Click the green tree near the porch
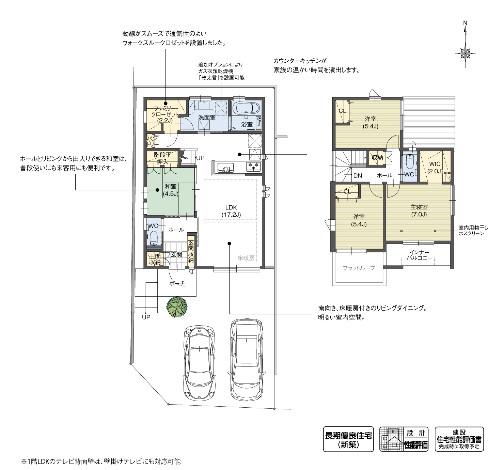coord(177,307)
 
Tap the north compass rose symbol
coord(465,53)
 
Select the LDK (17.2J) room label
coord(231,211)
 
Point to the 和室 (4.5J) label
coord(171,190)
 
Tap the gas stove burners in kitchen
coord(253,166)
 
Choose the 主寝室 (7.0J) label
coord(419,210)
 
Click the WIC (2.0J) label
coord(435,167)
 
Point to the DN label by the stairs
coord(358,175)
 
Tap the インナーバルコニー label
coord(420,255)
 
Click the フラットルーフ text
coord(359,268)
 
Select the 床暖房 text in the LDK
coord(246,258)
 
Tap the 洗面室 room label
coord(207,117)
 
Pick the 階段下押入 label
coord(162,158)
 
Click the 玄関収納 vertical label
coord(191,251)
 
